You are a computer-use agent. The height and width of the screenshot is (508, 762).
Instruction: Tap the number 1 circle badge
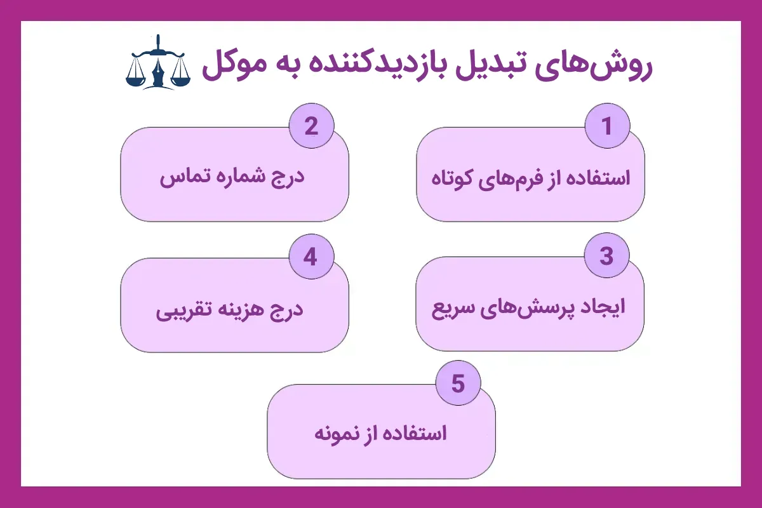606,126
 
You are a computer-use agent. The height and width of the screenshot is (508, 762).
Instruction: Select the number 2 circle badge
311,126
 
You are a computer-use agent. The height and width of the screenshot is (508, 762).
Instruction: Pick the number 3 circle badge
606,257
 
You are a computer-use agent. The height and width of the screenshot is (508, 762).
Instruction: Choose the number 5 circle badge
458,384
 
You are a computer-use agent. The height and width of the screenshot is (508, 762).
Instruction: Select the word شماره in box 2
234,177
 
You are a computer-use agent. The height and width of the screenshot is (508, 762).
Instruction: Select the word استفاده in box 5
415,434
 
